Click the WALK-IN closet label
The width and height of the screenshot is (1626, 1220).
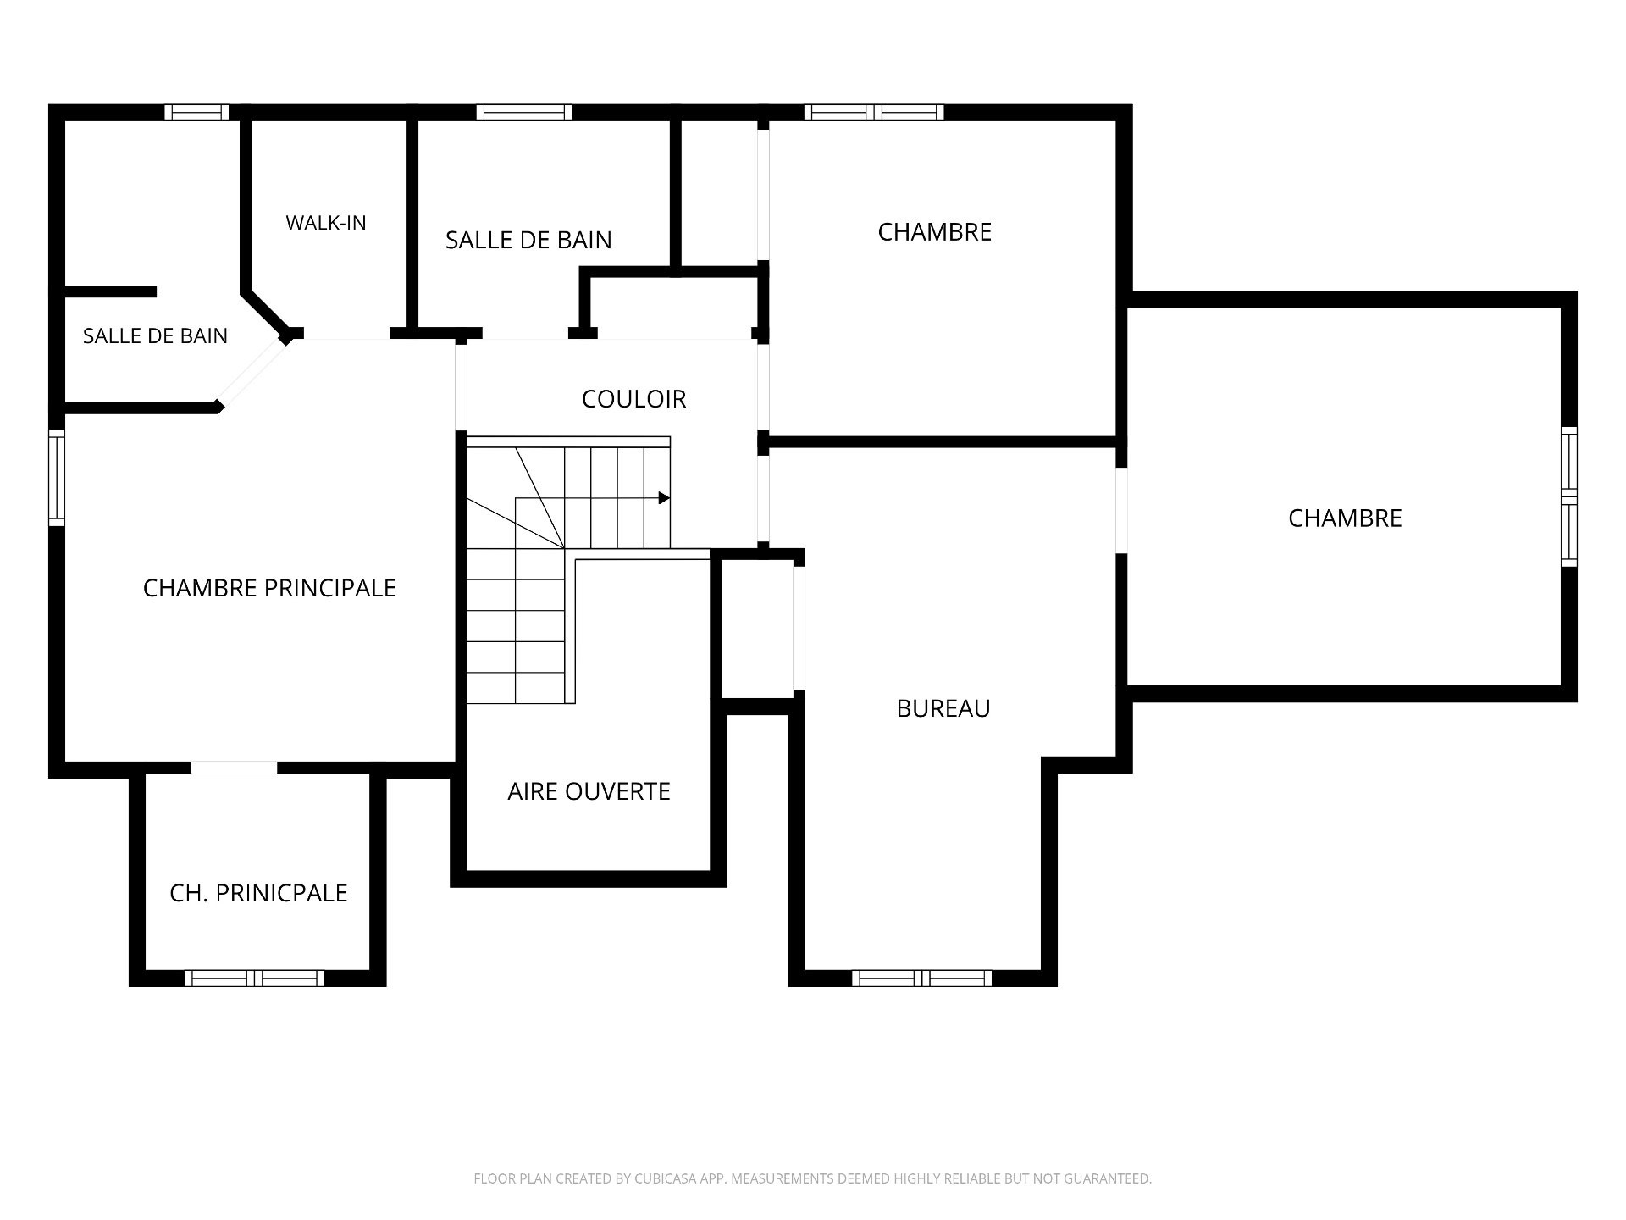[x=326, y=223]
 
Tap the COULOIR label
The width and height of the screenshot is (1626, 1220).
[x=633, y=399]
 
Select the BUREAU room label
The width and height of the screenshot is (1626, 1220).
[x=943, y=708]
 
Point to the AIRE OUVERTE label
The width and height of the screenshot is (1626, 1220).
[x=589, y=791]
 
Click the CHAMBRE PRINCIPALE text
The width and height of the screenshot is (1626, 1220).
[x=269, y=588]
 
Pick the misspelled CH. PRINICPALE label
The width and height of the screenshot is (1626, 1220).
[x=258, y=893]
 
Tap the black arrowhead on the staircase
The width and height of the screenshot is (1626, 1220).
[x=665, y=498]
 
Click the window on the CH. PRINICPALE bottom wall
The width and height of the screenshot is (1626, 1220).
[x=254, y=979]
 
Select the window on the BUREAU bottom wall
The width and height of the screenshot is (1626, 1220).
[x=921, y=979]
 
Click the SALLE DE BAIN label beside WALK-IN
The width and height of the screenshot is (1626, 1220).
[x=528, y=241]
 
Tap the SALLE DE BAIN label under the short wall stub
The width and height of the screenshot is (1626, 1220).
[x=155, y=336]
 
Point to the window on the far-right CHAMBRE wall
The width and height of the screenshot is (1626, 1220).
[x=1569, y=497]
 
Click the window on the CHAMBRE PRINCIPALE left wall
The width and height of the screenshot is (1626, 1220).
[x=57, y=478]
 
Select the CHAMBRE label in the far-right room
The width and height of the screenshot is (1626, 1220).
[x=1345, y=518]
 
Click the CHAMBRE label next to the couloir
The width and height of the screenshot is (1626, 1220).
[x=934, y=232]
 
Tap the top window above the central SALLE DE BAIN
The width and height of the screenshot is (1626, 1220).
[x=524, y=113]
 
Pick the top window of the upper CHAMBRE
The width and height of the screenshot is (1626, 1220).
[x=874, y=113]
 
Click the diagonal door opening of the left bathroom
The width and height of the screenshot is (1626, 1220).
[x=253, y=373]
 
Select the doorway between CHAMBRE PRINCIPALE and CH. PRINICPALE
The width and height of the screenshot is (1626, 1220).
[x=234, y=768]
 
